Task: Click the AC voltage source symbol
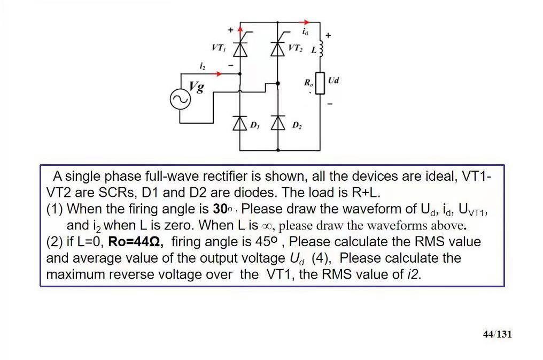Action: (180, 100)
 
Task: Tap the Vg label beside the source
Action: (197, 86)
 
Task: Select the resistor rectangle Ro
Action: (320, 83)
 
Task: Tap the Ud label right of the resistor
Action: (333, 80)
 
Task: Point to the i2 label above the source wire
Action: (202, 66)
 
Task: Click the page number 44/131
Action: (497, 334)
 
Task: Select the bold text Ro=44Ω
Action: (136, 242)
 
